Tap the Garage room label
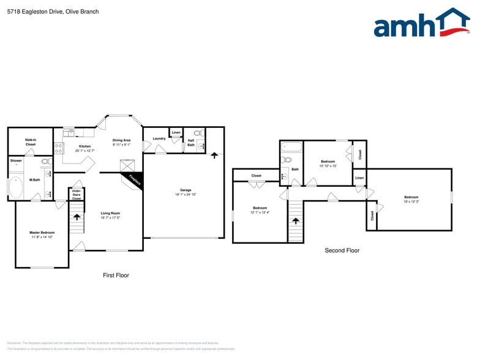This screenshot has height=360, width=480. [x=186, y=190]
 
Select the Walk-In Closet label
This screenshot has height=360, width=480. [x=30, y=142]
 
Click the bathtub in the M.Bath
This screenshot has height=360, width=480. [x=17, y=187]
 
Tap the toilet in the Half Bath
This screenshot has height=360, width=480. [x=198, y=133]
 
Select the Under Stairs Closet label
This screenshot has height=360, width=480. [x=77, y=195]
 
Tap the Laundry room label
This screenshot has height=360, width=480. [x=159, y=138]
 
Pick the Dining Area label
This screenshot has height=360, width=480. [x=121, y=140]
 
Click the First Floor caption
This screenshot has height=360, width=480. [x=116, y=276]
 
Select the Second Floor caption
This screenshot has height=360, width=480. [x=342, y=250]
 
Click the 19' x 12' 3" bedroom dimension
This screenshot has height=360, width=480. [x=411, y=202]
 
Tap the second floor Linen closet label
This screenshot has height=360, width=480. [x=359, y=178]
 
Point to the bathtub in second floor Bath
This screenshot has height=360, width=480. [x=292, y=147]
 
